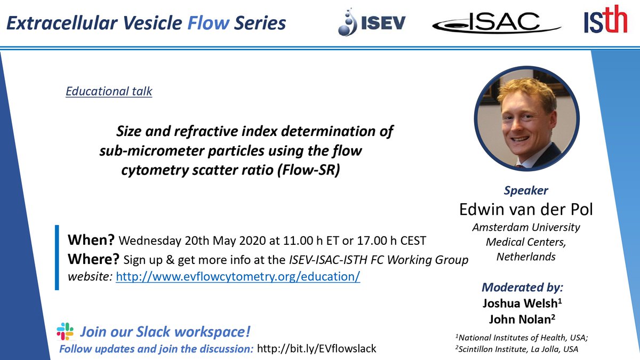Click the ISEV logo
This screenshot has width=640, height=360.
click(372, 23)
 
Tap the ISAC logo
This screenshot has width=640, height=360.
click(497, 23)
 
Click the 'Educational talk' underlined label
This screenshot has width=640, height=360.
click(109, 91)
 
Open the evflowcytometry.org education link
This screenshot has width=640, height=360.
click(238, 276)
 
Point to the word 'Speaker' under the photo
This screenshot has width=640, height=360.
click(526, 190)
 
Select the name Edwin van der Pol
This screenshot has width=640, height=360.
click(526, 209)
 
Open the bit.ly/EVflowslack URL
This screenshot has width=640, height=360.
click(317, 349)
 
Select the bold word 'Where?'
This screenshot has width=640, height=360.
click(93, 259)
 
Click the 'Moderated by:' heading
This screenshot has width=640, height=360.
click(522, 287)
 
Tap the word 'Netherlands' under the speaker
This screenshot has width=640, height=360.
click(526, 257)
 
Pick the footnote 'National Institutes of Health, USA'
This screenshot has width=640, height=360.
click(522, 338)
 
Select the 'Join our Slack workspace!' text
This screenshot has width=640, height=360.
click(165, 331)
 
